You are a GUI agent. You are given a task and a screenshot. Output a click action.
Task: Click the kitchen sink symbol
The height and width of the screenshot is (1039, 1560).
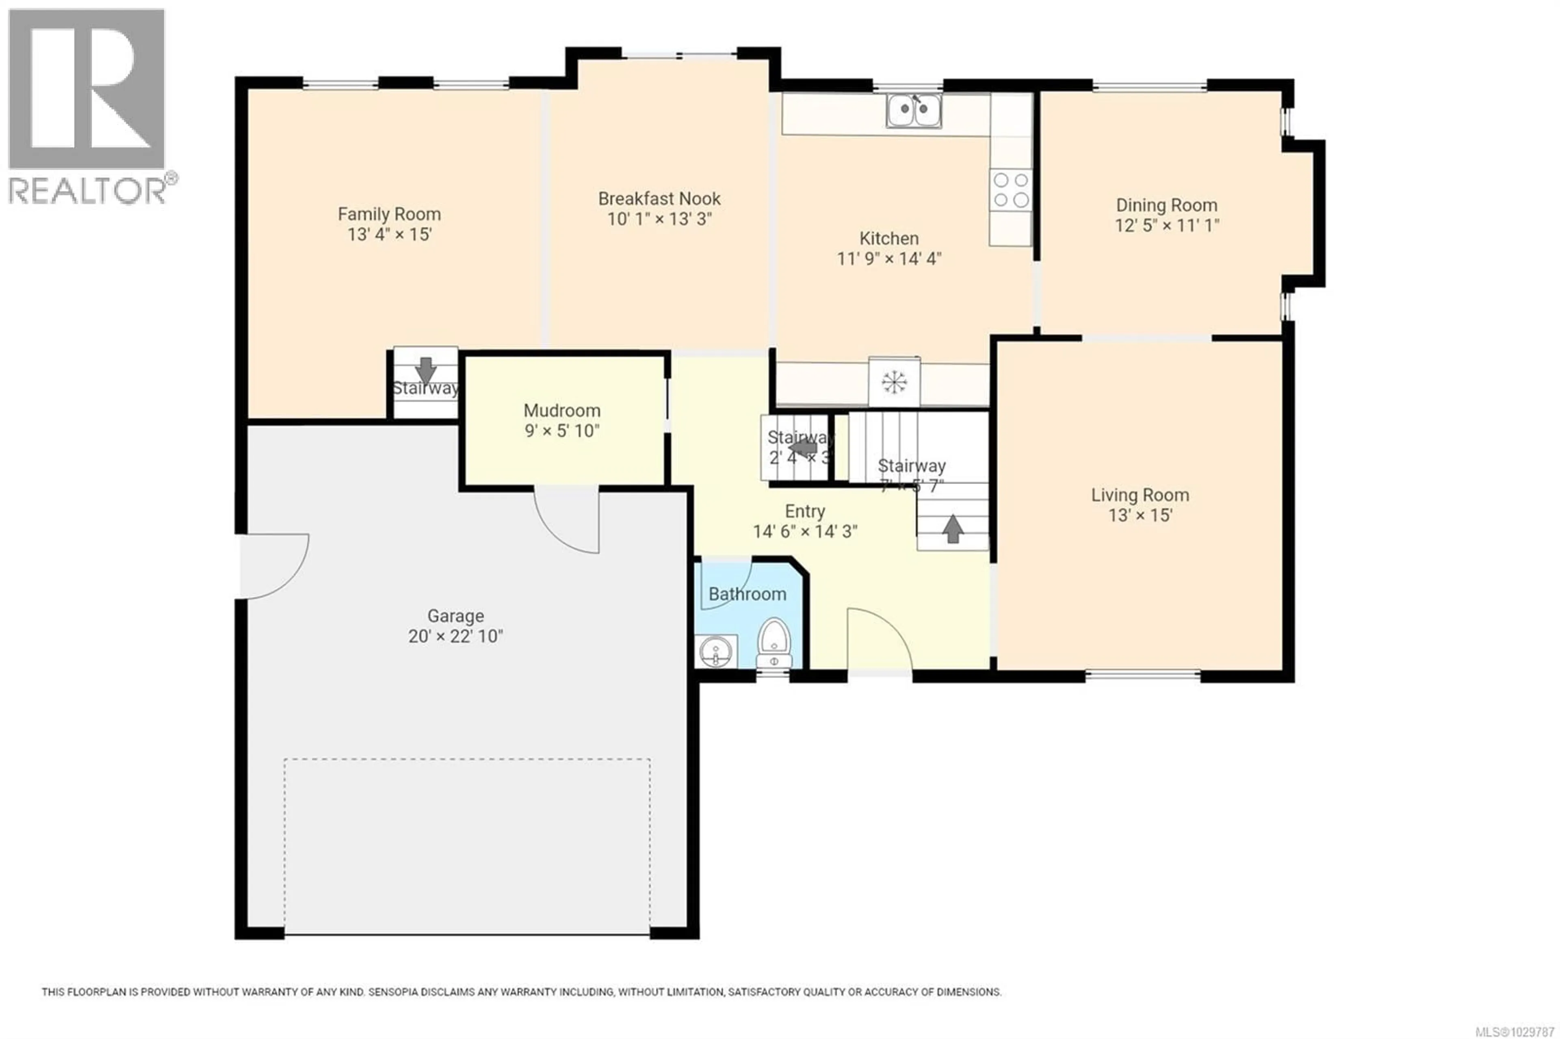pyautogui.click(x=914, y=110)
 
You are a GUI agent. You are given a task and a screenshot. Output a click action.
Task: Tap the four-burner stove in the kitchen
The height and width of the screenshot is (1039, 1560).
pyautogui.click(x=1011, y=190)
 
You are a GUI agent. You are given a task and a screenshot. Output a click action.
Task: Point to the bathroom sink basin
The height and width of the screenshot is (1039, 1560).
pyautogui.click(x=716, y=651)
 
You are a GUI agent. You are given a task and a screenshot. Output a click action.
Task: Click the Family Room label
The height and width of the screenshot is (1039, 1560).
pyautogui.click(x=389, y=214)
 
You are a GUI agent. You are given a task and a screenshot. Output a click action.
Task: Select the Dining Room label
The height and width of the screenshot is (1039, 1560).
pyautogui.click(x=1166, y=206)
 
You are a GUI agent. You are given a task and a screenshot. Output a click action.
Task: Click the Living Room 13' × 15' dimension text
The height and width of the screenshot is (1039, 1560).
pyautogui.click(x=1140, y=515)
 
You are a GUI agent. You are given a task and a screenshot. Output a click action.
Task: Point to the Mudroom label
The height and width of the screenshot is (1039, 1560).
pyautogui.click(x=562, y=410)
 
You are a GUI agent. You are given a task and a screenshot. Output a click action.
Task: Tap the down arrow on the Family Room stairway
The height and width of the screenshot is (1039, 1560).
pyautogui.click(x=425, y=370)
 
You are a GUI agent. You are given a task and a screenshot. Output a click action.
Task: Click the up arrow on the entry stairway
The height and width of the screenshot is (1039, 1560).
pyautogui.click(x=953, y=529)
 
